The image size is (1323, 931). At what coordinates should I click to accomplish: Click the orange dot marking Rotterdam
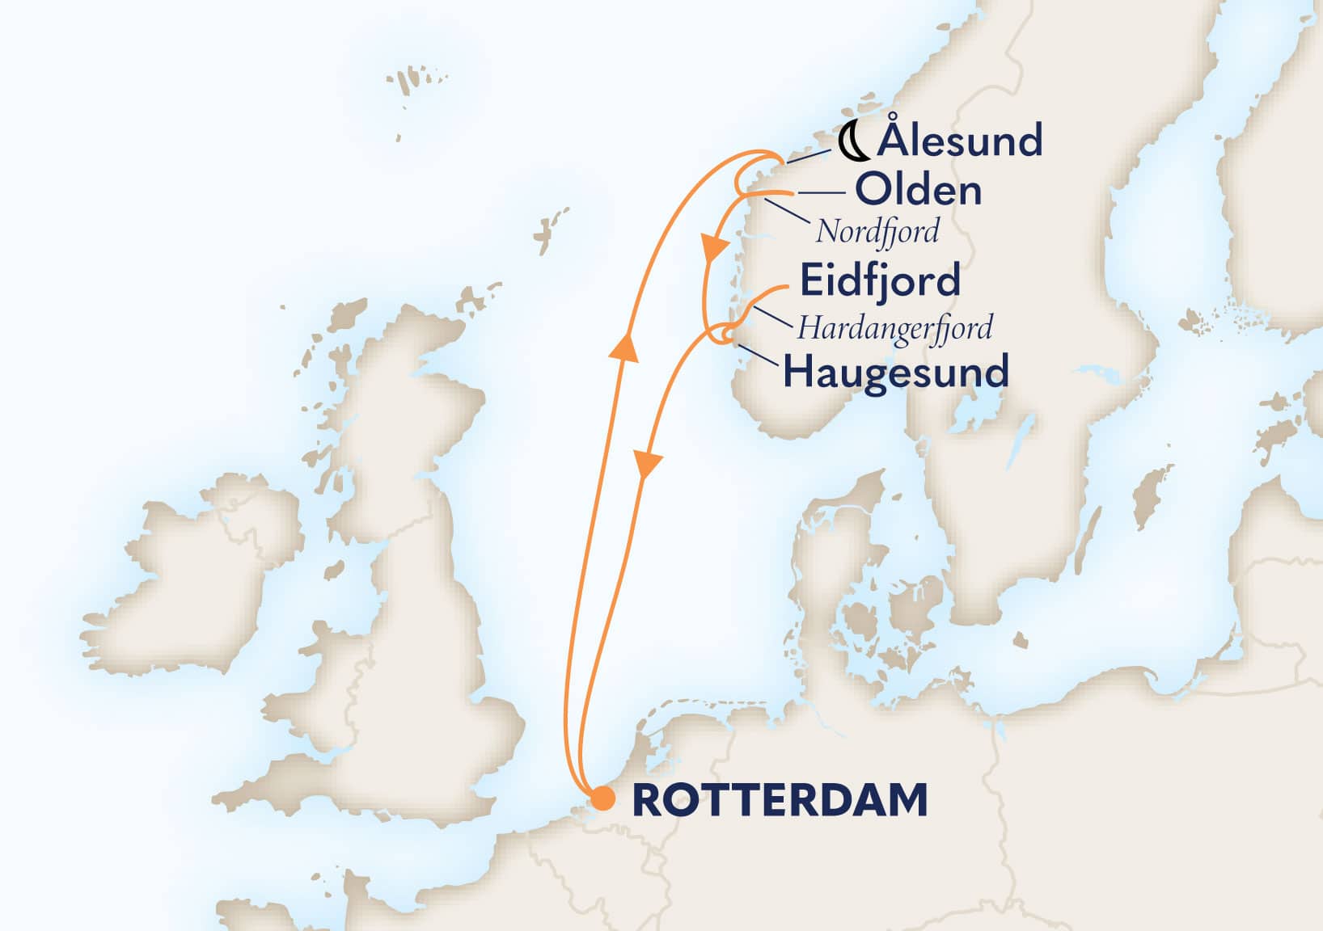click(x=602, y=798)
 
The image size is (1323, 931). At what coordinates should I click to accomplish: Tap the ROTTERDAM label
click(x=780, y=800)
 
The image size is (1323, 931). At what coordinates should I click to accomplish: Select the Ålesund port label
click(x=960, y=141)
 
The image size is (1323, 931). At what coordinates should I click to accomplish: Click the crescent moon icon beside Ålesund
click(x=853, y=142)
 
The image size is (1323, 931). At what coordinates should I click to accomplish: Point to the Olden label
click(x=919, y=191)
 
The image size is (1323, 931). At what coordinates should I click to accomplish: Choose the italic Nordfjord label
click(x=877, y=231)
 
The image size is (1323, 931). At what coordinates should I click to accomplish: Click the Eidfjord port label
click(x=880, y=280)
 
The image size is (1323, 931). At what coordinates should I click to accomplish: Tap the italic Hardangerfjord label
click(x=894, y=327)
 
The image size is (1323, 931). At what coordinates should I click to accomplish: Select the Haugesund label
click(x=896, y=372)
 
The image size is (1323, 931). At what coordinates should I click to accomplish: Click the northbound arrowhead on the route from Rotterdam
click(x=624, y=348)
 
